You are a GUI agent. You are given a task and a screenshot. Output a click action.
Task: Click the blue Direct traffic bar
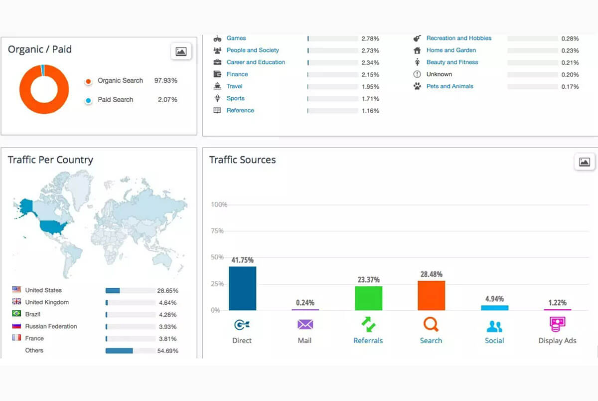click(x=242, y=288)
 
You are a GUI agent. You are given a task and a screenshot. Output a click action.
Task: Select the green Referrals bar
click(x=368, y=298)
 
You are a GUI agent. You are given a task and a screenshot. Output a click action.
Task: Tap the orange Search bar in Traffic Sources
click(x=431, y=295)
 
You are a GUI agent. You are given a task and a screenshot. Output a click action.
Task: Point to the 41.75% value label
click(x=242, y=260)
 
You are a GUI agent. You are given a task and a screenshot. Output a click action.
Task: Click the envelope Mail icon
click(x=304, y=325)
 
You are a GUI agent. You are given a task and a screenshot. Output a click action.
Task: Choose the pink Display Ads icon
click(x=557, y=325)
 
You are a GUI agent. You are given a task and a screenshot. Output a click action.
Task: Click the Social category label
click(x=494, y=341)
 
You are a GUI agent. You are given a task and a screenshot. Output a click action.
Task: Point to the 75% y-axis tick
click(x=217, y=231)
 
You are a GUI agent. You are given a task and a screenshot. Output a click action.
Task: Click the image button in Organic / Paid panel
click(x=181, y=51)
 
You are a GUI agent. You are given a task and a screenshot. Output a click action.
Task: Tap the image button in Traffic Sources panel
click(x=584, y=162)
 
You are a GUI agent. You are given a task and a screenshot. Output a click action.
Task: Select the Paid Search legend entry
click(x=115, y=100)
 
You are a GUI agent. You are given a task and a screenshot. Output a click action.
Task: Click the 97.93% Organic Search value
click(x=165, y=81)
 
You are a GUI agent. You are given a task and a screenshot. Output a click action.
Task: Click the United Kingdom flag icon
click(x=16, y=302)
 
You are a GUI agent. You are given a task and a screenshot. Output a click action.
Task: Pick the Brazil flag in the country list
click(x=16, y=314)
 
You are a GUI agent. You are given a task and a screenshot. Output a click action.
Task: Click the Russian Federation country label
click(x=51, y=326)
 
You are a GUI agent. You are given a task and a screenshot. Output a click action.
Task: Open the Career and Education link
click(x=256, y=62)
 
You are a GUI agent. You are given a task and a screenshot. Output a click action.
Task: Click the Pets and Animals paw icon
click(x=417, y=86)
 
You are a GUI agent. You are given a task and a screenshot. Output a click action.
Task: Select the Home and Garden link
click(x=451, y=50)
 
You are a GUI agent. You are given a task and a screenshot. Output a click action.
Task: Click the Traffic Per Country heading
click(x=50, y=160)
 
